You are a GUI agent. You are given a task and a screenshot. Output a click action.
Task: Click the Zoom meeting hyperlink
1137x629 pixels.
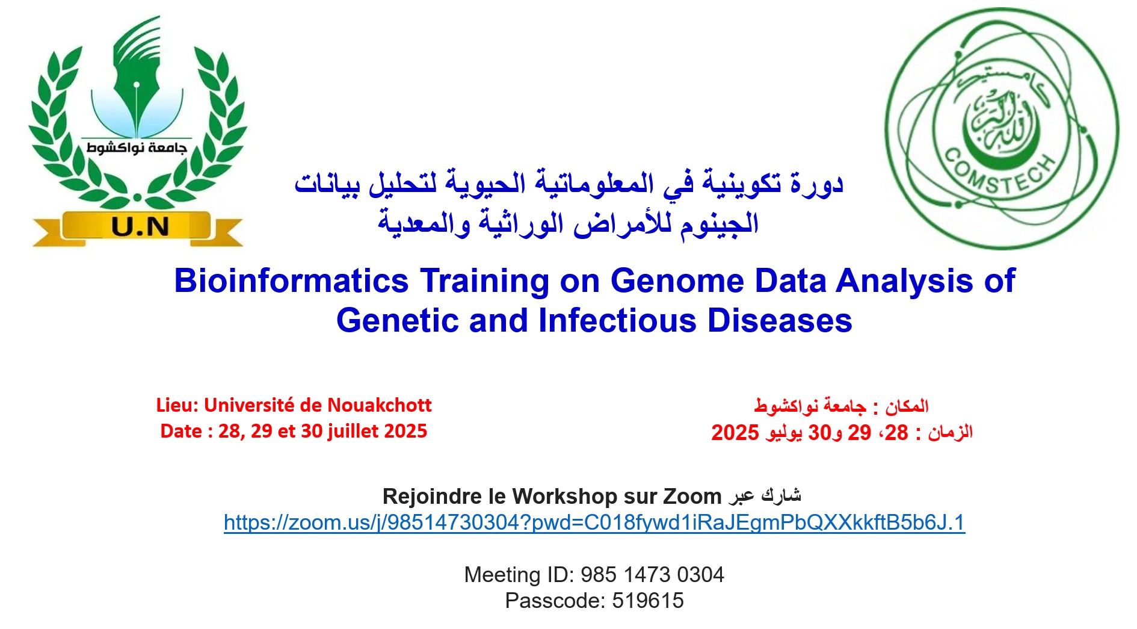[x=594, y=522]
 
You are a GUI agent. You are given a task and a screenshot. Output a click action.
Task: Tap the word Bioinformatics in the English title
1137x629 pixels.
[x=291, y=280]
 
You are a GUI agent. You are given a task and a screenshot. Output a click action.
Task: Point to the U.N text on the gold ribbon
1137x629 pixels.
[x=140, y=227]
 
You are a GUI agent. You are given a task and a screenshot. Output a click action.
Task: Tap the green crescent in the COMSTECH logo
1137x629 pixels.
[x=996, y=129]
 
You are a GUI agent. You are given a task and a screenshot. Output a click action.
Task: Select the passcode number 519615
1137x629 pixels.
[x=648, y=601]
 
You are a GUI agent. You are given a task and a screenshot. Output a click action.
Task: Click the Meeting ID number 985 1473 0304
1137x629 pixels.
[x=652, y=575]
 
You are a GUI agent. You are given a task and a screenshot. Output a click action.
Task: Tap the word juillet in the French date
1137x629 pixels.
[x=353, y=432]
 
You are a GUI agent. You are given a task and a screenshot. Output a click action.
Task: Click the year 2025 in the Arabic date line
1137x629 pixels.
[x=735, y=433]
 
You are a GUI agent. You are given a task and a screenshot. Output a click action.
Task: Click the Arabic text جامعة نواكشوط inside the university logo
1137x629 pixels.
[x=137, y=147]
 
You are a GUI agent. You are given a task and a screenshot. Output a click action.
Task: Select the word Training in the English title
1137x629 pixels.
[x=485, y=281]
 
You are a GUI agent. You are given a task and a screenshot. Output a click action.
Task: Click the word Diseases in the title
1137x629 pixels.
[x=780, y=320]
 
